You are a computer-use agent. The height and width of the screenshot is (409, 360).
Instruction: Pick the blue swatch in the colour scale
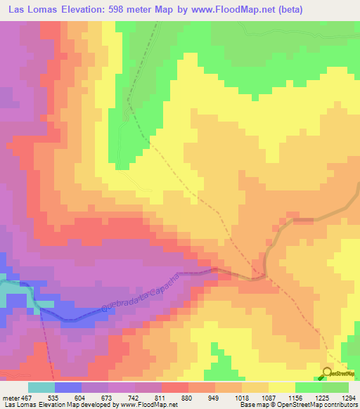68,388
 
